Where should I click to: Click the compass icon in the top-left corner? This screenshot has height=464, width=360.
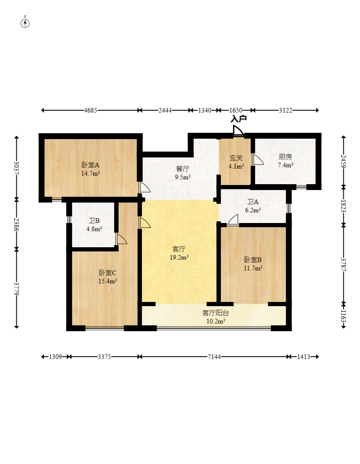point(25,23)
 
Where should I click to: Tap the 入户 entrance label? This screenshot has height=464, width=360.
point(238,119)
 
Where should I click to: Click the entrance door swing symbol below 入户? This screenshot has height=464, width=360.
point(238,130)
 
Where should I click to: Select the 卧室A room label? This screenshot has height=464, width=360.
point(91,165)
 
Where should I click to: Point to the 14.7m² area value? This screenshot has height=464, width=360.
point(91,173)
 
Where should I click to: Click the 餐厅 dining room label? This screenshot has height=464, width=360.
point(183,169)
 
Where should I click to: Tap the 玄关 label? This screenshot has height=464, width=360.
point(236,158)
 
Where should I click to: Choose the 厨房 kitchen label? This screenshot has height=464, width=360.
point(286,157)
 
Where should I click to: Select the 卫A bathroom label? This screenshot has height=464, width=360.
point(253,202)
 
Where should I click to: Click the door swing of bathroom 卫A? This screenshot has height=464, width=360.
point(233,220)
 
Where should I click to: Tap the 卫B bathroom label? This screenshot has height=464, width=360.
point(94,221)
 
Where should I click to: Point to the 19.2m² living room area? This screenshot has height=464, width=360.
point(179,257)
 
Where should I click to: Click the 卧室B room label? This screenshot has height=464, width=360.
point(253,260)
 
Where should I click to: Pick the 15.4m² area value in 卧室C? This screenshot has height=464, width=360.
point(108,281)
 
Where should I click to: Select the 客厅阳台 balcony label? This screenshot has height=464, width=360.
point(215,313)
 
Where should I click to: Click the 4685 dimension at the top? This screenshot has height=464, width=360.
point(91,110)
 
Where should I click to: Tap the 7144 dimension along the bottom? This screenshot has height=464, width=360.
point(214,357)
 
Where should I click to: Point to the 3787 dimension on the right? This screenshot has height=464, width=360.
point(343,264)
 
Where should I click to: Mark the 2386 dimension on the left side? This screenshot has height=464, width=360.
point(17,225)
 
